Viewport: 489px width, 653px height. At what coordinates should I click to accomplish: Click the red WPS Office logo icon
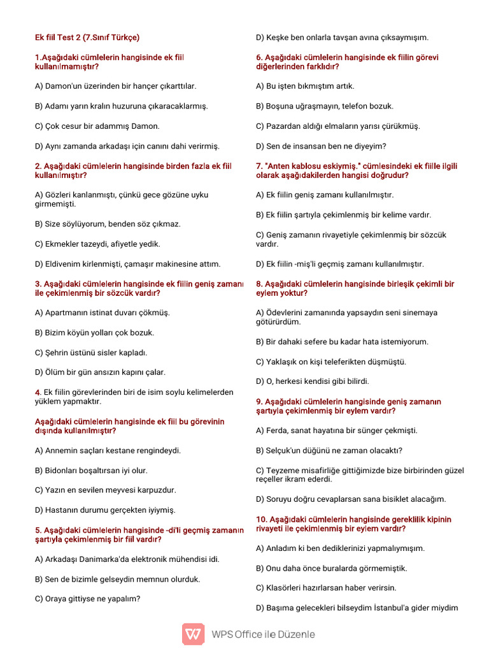(194, 634)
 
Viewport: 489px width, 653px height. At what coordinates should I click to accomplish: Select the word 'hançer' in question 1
(145, 86)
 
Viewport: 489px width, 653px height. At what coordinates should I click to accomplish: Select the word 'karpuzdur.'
(156, 490)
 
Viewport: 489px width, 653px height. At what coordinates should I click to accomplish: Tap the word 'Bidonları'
(62, 471)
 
